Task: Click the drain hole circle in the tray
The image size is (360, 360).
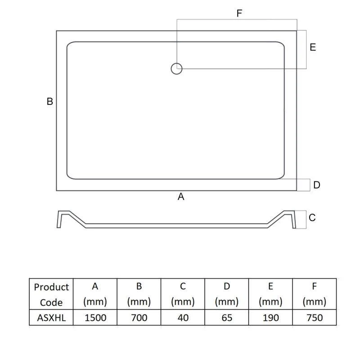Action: pos(176,63)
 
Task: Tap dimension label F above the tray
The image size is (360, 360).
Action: pos(239,13)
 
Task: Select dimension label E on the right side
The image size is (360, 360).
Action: pos(313,47)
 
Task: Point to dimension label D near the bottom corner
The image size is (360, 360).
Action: pos(317,185)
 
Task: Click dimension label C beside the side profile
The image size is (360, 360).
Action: pos(312,218)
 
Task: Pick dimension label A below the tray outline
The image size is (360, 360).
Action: pos(181,197)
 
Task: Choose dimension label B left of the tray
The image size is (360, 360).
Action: pos(50,102)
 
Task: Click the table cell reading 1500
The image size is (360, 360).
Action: pos(95,318)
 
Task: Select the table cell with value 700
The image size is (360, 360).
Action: pos(139,318)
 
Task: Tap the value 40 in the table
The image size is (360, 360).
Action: pos(183,318)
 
